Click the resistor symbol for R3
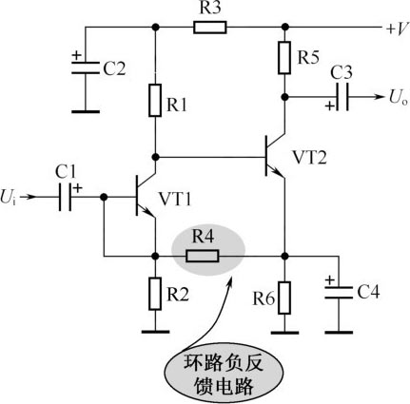tap(210, 28)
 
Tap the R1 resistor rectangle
tap(155, 100)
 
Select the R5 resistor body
tap(284, 57)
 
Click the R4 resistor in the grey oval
tap(203, 256)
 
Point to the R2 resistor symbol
tap(155, 294)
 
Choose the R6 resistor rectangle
tap(284, 298)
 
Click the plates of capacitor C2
tap(85, 67)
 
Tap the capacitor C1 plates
tap(65, 197)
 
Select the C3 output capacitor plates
tap(342, 97)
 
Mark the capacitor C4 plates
tap(339, 293)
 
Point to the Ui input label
tap(8, 197)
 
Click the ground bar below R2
tap(155, 332)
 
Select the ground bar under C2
tap(85, 111)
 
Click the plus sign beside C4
tap(330, 280)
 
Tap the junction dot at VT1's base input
tap(104, 197)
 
